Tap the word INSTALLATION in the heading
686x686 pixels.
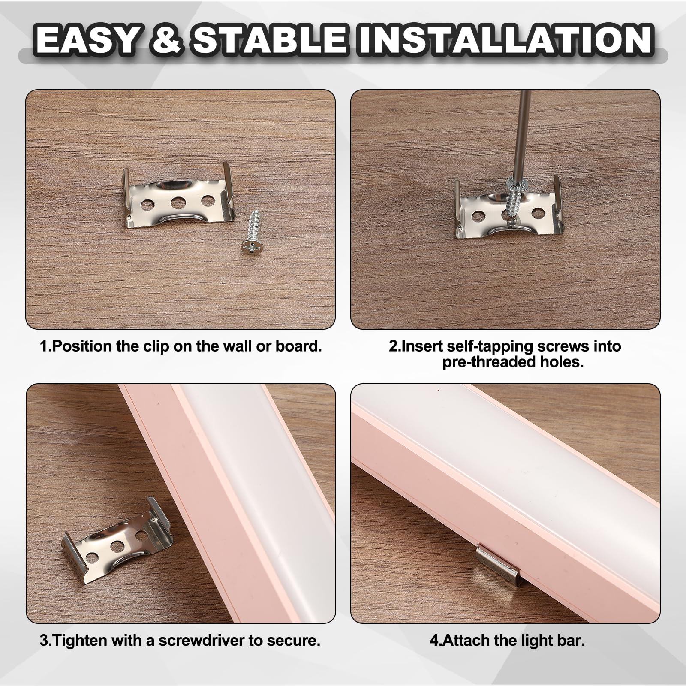click(x=506, y=40)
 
